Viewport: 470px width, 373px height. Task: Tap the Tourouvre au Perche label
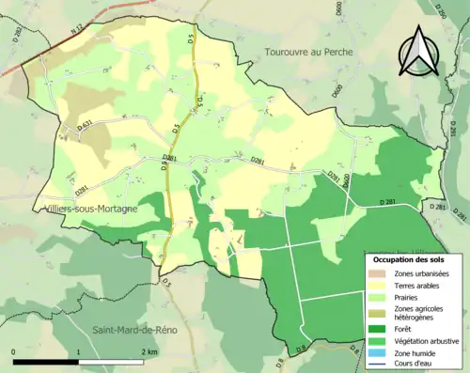308,52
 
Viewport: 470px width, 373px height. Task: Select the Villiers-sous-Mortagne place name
91,211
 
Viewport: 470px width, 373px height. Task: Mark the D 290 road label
438,11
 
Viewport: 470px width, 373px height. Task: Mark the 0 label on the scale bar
14,351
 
